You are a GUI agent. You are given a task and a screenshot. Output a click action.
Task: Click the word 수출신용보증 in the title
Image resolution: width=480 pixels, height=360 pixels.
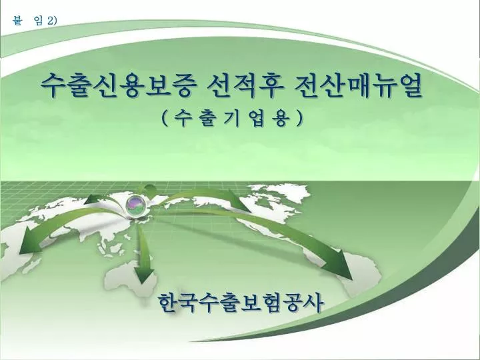[118, 85]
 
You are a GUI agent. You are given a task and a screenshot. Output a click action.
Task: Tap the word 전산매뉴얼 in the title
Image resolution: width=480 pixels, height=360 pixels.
[357, 85]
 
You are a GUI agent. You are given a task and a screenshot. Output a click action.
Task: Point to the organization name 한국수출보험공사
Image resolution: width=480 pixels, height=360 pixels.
[241, 303]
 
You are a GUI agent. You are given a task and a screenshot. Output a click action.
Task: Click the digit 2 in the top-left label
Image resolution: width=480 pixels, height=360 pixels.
[50, 21]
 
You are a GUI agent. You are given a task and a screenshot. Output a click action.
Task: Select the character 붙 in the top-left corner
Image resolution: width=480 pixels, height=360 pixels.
[17, 21]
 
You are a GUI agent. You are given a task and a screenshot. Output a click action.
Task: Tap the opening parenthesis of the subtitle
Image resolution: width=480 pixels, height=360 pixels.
[164, 118]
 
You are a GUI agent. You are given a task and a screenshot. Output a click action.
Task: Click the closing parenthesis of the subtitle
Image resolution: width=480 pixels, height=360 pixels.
[299, 118]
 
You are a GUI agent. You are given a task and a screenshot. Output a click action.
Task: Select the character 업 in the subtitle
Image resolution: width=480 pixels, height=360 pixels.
[257, 118]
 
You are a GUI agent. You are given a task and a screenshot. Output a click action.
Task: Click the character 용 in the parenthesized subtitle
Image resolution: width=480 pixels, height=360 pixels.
[281, 118]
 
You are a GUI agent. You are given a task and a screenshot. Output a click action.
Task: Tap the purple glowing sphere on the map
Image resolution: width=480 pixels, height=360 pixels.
[136, 204]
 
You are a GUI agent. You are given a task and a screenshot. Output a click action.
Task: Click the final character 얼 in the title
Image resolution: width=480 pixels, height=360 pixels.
[409, 85]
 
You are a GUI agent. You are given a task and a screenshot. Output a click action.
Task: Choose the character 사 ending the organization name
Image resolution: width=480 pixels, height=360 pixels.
[313, 303]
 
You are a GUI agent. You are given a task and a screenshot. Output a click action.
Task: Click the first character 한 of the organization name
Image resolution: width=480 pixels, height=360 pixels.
[169, 303]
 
